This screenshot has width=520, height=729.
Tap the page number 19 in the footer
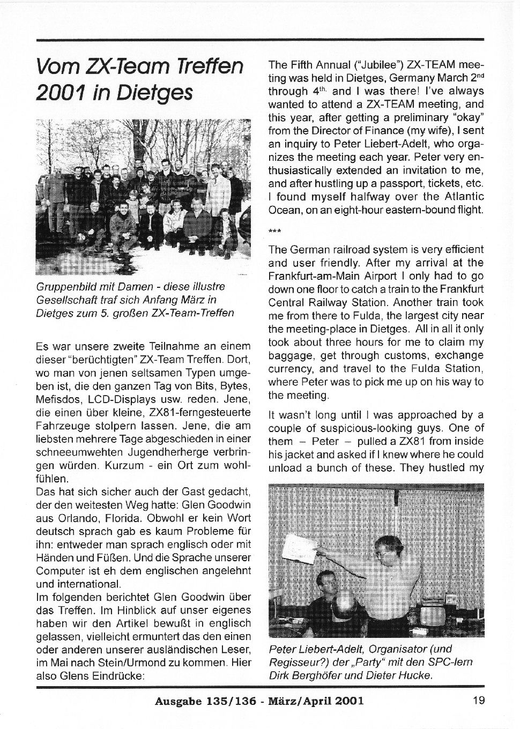479,700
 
